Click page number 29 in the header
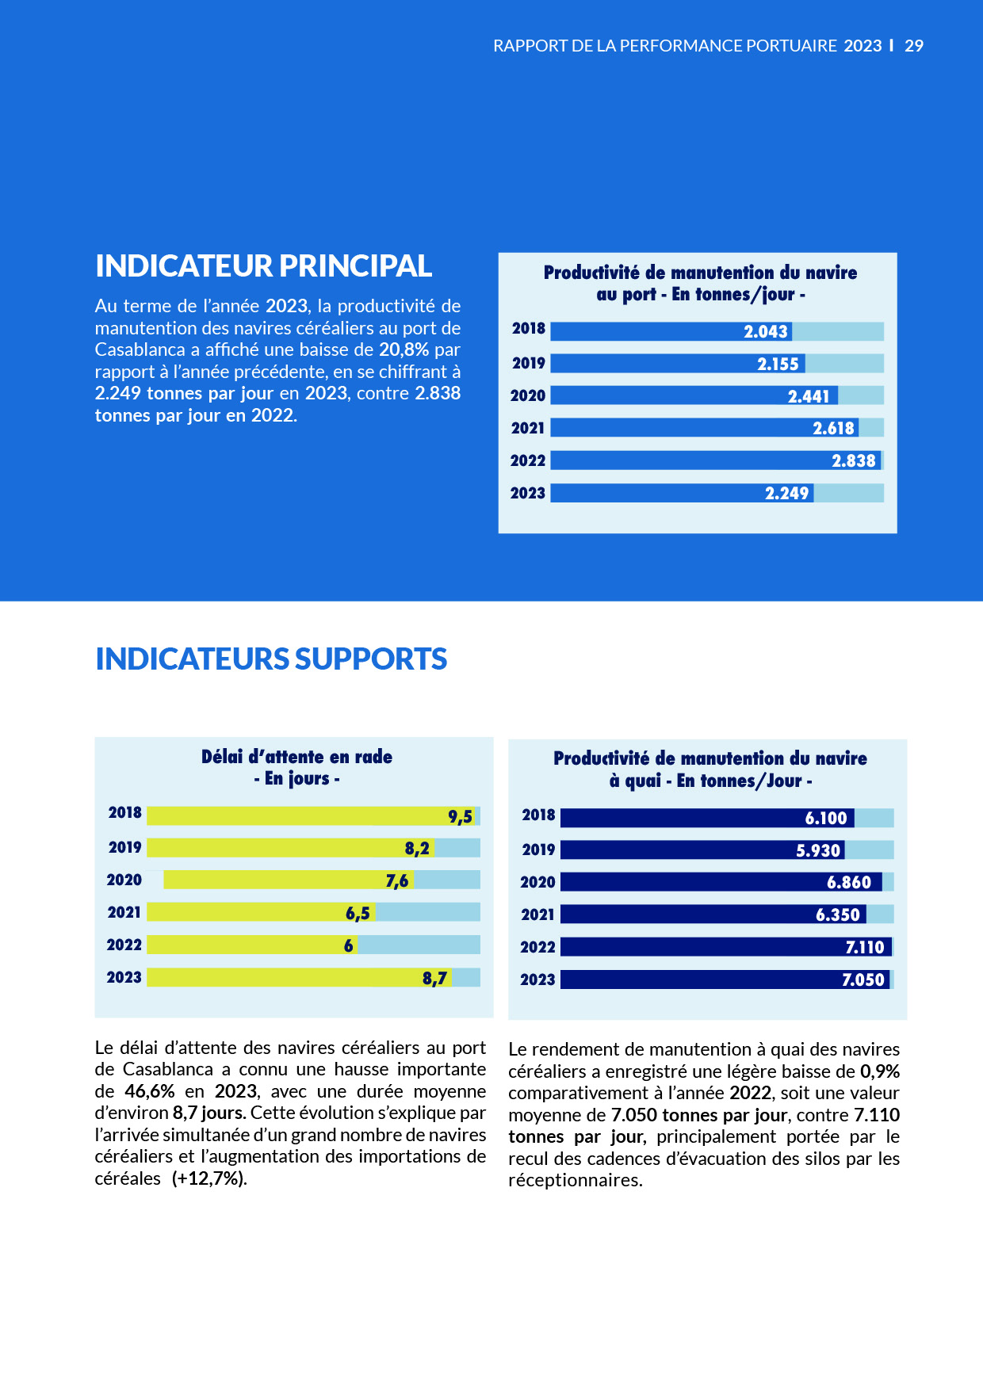[x=914, y=46]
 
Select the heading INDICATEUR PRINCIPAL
[x=263, y=266]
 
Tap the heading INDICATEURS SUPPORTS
[x=271, y=659]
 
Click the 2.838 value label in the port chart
[x=853, y=460]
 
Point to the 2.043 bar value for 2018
[x=765, y=331]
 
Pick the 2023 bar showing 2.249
[x=682, y=493]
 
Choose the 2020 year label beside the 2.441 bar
[x=528, y=395]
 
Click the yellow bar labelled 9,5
[x=312, y=816]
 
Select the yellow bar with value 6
[x=252, y=945]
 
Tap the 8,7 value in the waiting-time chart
[x=434, y=979]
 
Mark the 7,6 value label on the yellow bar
[x=396, y=881]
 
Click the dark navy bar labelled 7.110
[x=726, y=947]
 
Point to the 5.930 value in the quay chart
[x=817, y=850]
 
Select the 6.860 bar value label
[x=848, y=883]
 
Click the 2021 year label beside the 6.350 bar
[x=537, y=915]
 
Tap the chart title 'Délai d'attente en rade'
[x=296, y=757]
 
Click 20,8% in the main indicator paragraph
[x=404, y=349]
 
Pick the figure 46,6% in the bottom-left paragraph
[x=150, y=1091]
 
